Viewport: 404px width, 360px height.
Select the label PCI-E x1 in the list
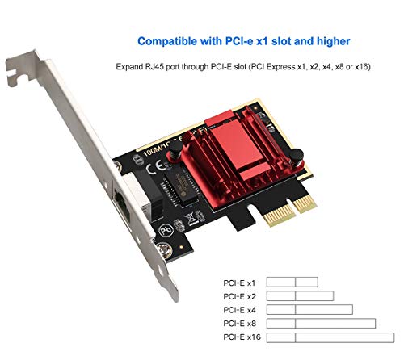point(239,283)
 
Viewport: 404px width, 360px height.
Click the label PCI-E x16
point(241,336)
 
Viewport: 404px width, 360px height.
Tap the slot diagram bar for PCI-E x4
point(309,309)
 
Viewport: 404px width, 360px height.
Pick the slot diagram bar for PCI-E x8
point(321,323)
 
